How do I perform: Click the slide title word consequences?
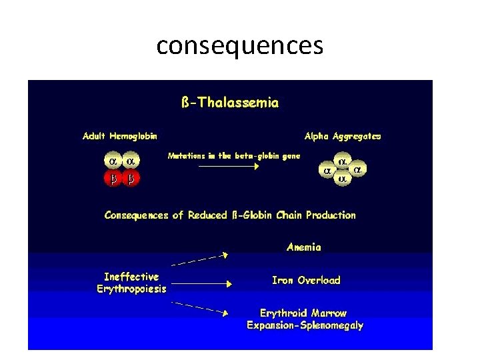[240, 46]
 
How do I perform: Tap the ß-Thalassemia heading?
[230, 103]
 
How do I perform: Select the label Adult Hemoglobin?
[120, 136]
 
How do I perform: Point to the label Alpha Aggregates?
[343, 136]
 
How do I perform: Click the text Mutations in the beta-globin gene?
[234, 155]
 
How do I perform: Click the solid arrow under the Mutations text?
[229, 167]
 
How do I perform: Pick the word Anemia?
[304, 247]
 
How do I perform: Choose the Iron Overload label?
[306, 281]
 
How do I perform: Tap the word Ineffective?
[131, 277]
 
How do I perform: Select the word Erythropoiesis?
[132, 289]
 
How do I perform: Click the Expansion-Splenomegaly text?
[305, 325]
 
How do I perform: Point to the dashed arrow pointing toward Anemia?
[200, 259]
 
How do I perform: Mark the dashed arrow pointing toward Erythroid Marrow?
[200, 307]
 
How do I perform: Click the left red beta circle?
[113, 179]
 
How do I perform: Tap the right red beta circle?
[131, 179]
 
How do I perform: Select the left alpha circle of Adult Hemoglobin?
[113, 161]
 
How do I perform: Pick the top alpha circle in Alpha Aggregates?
[343, 161]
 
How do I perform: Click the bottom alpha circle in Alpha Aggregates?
[343, 179]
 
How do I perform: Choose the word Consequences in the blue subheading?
[137, 215]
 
